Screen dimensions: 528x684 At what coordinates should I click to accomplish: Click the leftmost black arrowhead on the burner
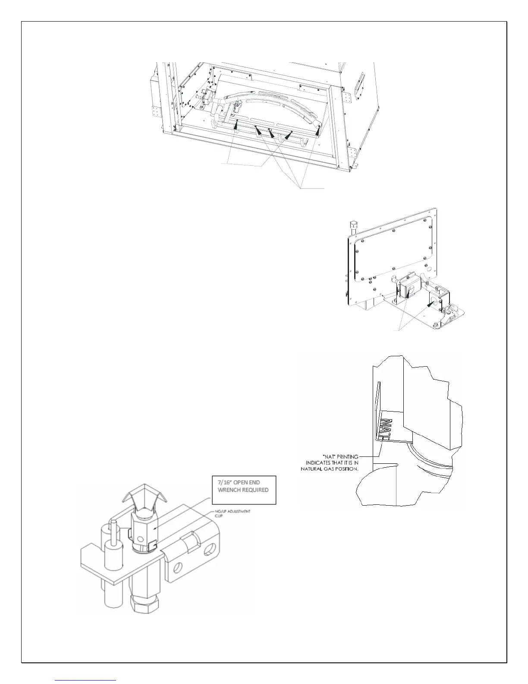click(x=236, y=125)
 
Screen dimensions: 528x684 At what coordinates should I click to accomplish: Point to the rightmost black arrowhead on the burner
click(x=317, y=130)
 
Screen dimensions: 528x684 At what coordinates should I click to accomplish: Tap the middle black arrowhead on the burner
click(x=272, y=133)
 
